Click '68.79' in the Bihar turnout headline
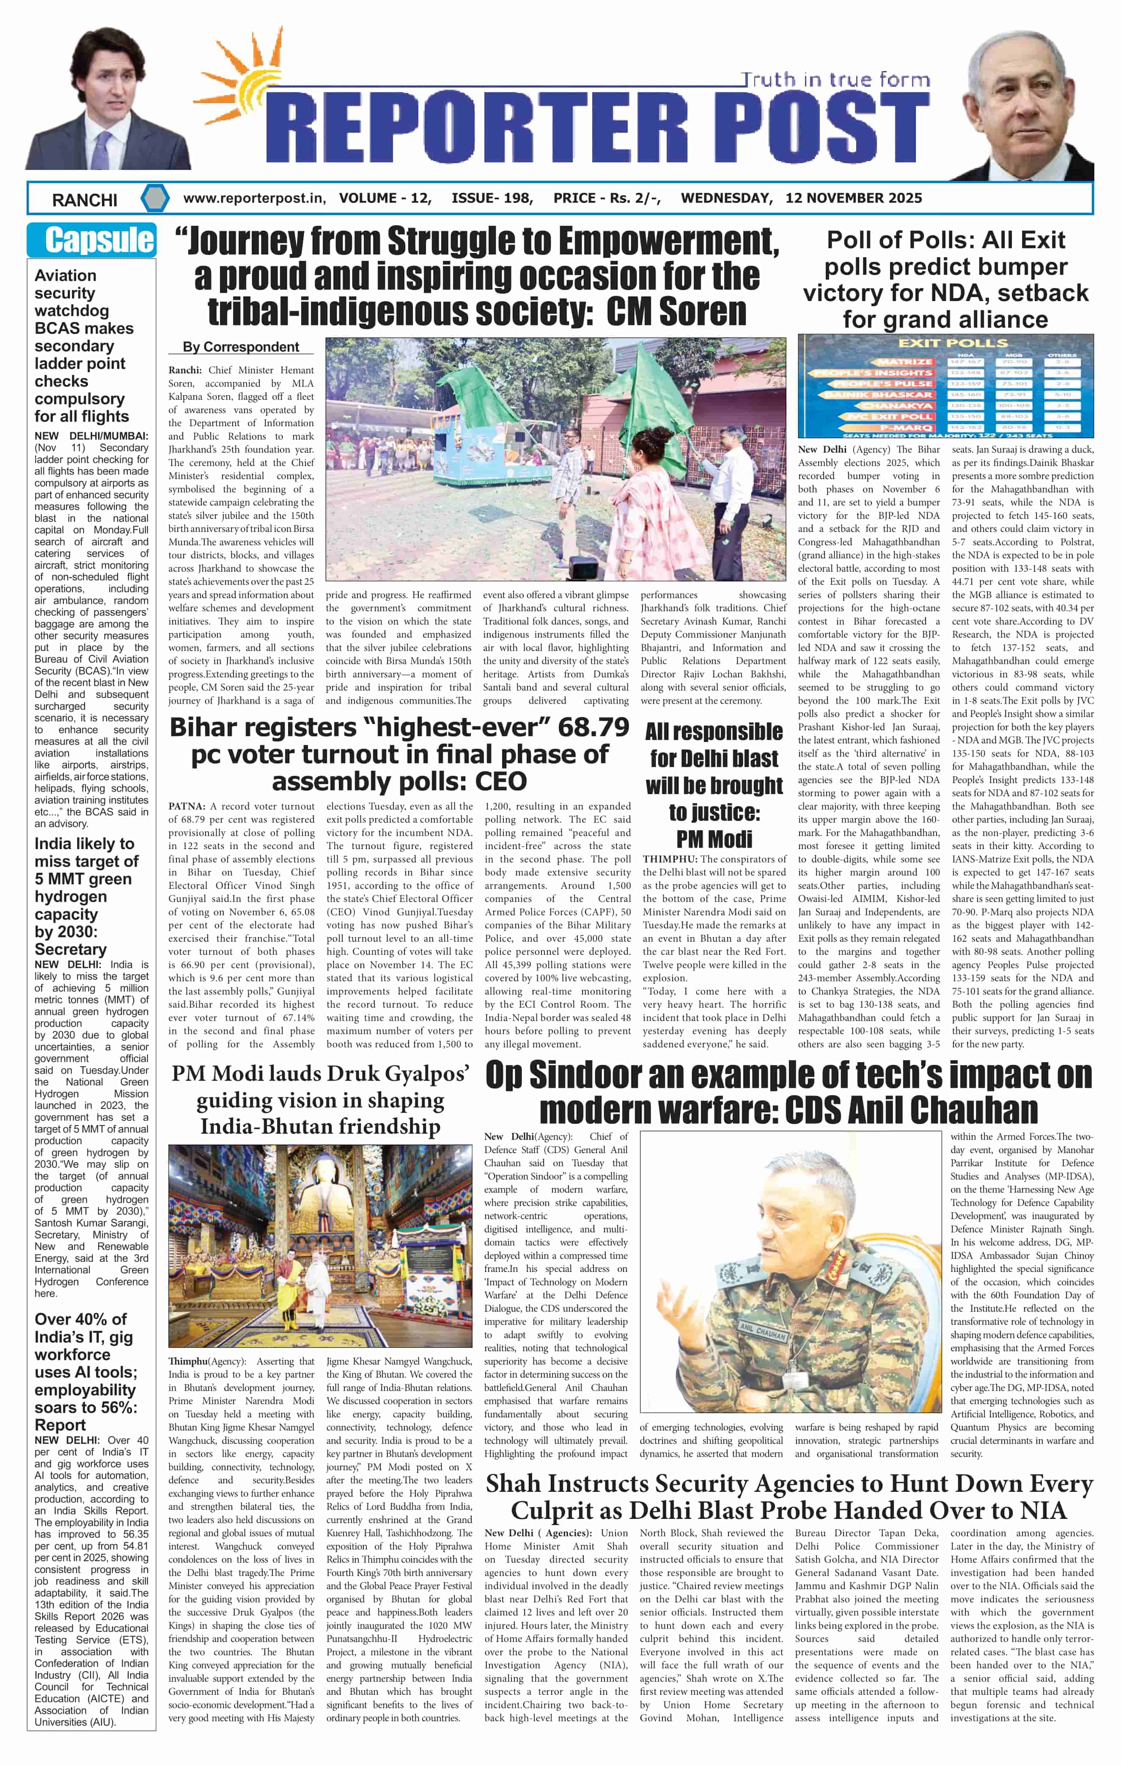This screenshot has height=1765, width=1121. (592, 728)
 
